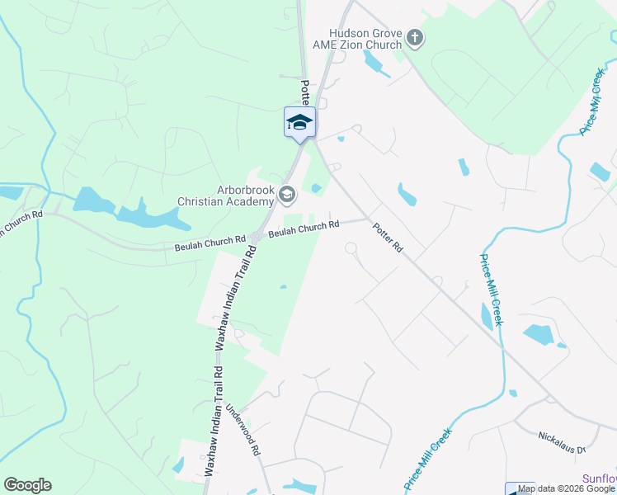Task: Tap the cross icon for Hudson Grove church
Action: (x=415, y=37)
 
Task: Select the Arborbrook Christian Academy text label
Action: (x=225, y=196)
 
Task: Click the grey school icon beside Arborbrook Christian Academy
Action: (x=287, y=195)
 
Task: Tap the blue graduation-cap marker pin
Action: (x=299, y=123)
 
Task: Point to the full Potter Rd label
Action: (x=386, y=238)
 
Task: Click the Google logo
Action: (x=28, y=485)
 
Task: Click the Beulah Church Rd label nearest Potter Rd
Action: (x=304, y=227)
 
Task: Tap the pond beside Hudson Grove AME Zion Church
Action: (x=374, y=62)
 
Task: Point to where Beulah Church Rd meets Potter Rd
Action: (x=367, y=219)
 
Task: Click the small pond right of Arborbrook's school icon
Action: (x=316, y=188)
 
